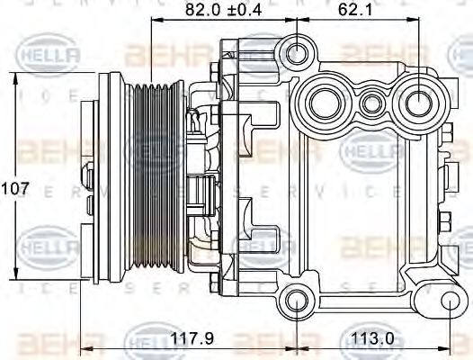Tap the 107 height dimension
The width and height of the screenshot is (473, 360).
[x=15, y=190]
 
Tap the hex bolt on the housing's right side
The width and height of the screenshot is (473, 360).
[x=447, y=220]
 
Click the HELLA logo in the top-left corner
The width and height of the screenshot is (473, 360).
[x=49, y=56]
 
